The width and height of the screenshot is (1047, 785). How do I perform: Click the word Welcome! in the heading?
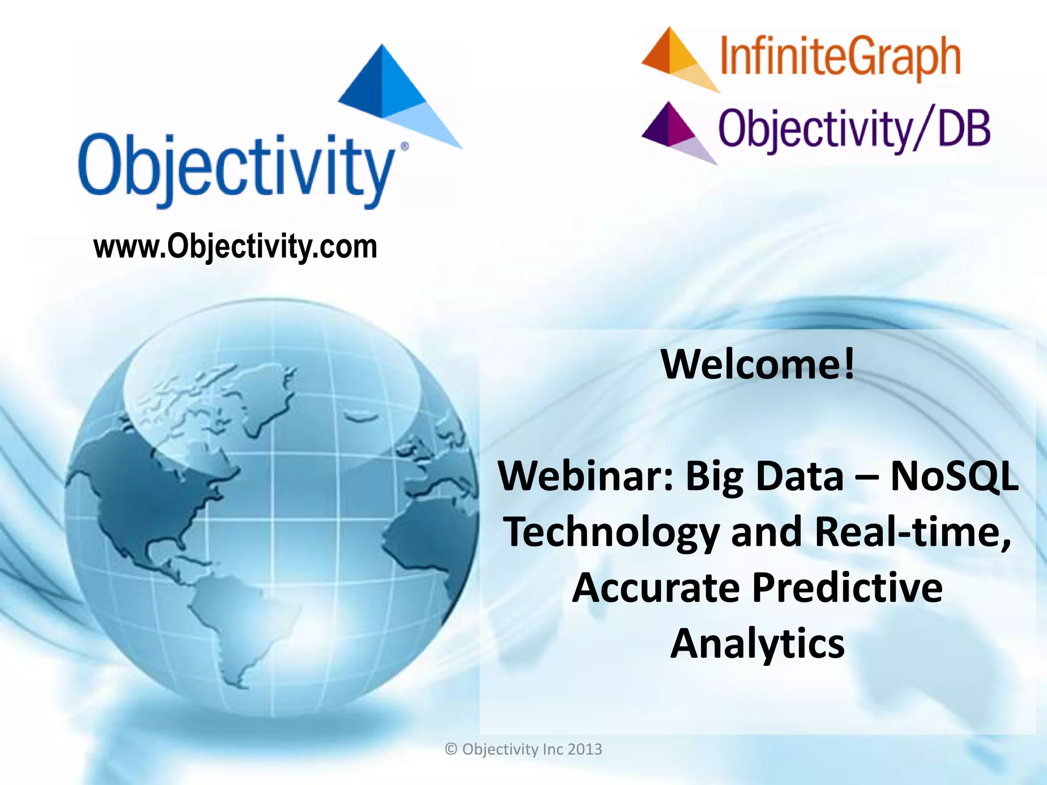point(758,364)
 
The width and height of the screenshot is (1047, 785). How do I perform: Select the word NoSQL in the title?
point(954,476)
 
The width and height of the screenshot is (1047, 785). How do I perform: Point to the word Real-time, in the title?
point(913,532)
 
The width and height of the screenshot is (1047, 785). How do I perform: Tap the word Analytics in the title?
point(757,644)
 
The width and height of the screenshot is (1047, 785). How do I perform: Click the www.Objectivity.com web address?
point(235,247)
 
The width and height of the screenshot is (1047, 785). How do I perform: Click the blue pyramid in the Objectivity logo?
point(394,92)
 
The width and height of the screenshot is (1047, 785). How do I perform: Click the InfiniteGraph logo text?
point(840,58)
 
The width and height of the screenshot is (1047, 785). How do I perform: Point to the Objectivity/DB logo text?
point(854,129)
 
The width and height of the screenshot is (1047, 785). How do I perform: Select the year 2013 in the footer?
point(584,749)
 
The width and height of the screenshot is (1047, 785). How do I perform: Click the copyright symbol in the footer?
point(451,749)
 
